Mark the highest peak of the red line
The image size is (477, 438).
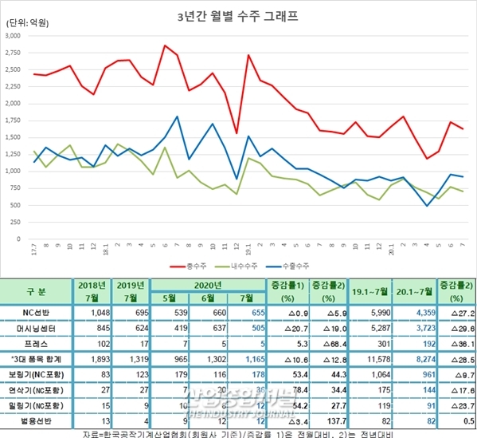165,45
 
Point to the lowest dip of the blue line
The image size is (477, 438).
428,206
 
